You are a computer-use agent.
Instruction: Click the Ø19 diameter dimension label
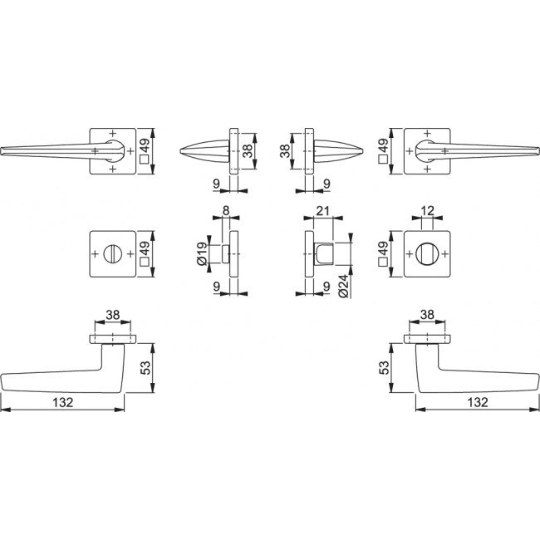(202, 254)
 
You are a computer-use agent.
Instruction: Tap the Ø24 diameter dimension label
(344, 286)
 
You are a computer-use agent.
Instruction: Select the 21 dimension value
(322, 210)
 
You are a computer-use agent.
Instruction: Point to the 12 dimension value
(427, 210)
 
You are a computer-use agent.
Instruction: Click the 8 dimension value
(226, 210)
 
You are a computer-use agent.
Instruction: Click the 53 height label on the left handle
(146, 368)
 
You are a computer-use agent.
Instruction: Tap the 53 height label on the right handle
(384, 368)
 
